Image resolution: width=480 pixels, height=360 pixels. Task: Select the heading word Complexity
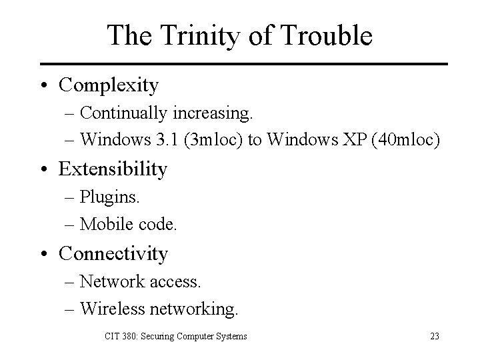coord(109,85)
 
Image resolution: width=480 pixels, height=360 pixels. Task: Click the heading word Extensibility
coord(113,169)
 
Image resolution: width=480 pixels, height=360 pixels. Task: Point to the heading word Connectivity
coord(113,253)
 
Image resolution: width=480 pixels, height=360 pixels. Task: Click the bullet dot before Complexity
coord(43,86)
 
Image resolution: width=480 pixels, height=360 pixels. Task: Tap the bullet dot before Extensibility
coord(43,170)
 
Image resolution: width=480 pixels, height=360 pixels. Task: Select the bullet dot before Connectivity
coord(43,254)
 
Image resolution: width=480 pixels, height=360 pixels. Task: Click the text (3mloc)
coord(210,141)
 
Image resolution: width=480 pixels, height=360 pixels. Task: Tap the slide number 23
coord(434,336)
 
